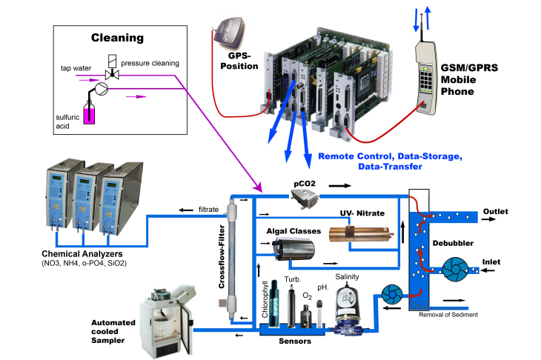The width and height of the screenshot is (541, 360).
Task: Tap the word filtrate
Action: [207, 210]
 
